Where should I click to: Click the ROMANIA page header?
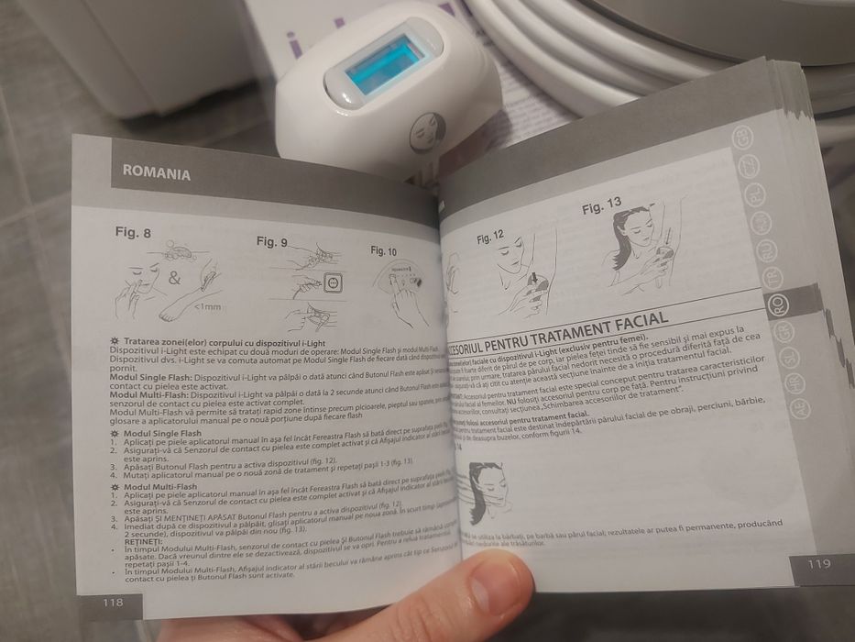coord(158,173)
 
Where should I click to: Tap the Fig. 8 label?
coord(134,233)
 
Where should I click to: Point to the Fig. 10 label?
coord(384,250)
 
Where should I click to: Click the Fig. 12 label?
coord(490,237)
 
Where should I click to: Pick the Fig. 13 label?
coord(601,204)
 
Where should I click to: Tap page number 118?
coord(114,603)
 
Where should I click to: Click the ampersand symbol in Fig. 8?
coord(174,275)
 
